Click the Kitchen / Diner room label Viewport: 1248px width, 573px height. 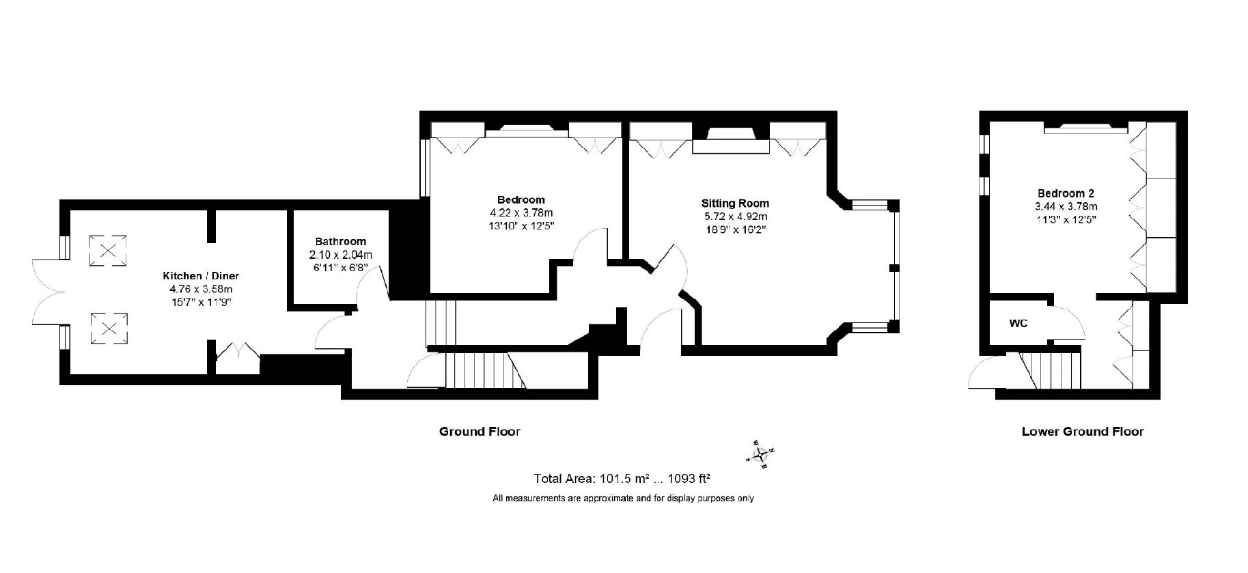pyautogui.click(x=200, y=276)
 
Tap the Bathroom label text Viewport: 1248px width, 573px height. pyautogui.click(x=340, y=241)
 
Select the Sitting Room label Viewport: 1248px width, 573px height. pyautogui.click(x=735, y=203)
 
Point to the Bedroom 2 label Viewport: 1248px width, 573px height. pyautogui.click(x=1066, y=193)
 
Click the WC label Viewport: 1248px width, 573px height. pyautogui.click(x=1018, y=323)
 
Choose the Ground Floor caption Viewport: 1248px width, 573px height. pyautogui.click(x=480, y=431)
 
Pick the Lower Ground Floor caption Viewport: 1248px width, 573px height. pyautogui.click(x=1083, y=431)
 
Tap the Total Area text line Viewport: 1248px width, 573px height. pyautogui.click(x=623, y=478)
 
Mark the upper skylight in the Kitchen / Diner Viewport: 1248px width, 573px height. pyautogui.click(x=108, y=248)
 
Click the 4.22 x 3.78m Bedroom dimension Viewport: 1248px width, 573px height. pyautogui.click(x=521, y=212)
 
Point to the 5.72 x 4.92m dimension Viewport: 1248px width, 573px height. pyautogui.click(x=735, y=216)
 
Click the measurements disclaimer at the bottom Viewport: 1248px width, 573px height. pyautogui.click(x=623, y=499)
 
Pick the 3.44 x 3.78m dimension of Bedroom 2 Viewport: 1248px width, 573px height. pyautogui.click(x=1066, y=206)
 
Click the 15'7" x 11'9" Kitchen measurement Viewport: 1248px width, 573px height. pyautogui.click(x=200, y=302)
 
